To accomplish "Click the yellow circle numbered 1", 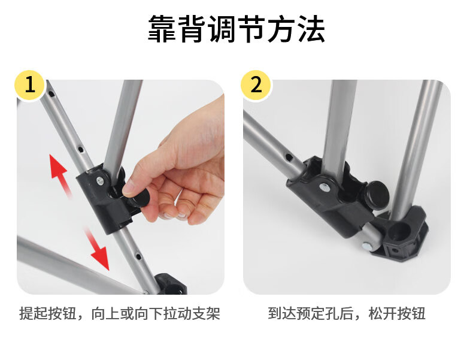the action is pyautogui.click(x=30, y=85).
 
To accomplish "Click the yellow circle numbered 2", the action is pyautogui.click(x=256, y=85).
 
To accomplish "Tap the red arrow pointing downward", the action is pyautogui.click(x=97, y=248).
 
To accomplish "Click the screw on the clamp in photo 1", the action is pyautogui.click(x=100, y=181).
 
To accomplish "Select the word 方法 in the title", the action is pyautogui.click(x=296, y=29).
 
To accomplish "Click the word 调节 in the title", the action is pyautogui.click(x=236, y=29).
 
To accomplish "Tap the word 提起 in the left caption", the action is pyautogui.click(x=34, y=313).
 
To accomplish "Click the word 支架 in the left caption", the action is pyautogui.click(x=206, y=313).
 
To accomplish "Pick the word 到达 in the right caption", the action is pyautogui.click(x=282, y=313).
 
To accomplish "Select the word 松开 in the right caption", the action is pyautogui.click(x=383, y=313).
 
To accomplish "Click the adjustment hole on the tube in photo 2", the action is pyautogui.click(x=289, y=157).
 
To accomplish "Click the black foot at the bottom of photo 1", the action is pyautogui.click(x=171, y=284).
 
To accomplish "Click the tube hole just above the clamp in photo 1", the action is pyautogui.click(x=81, y=149).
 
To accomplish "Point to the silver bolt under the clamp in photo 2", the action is pyautogui.click(x=368, y=246).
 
